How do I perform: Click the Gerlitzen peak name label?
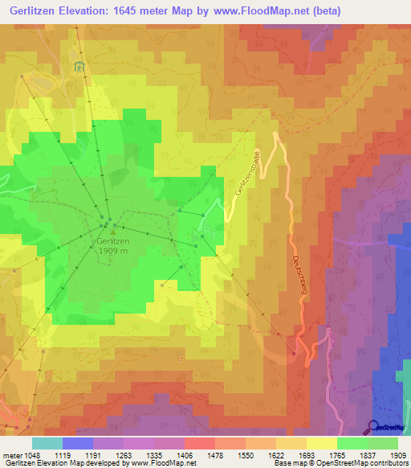tap(112, 240)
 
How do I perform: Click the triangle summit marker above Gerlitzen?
tap(112, 232)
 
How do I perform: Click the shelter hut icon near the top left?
tap(78, 67)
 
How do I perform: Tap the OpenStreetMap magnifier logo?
tap(372, 426)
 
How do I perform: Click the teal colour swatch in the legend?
tap(47, 443)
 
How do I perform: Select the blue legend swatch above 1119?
tap(77, 443)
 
